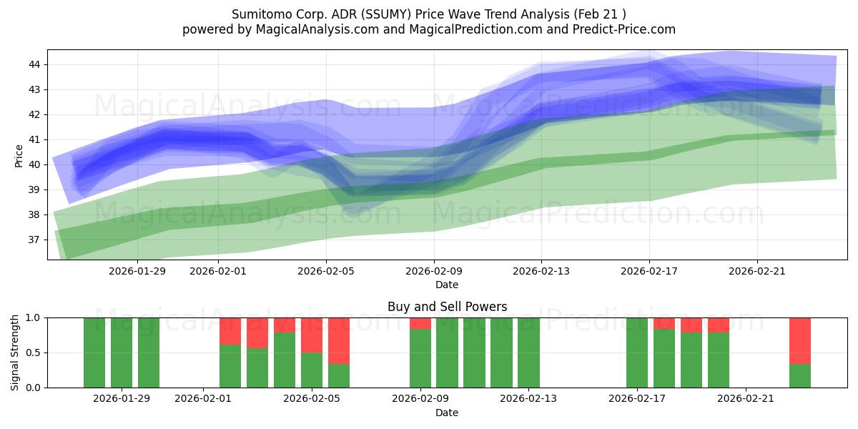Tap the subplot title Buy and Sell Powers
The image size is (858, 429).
pos(447,307)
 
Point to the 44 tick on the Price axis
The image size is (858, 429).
pos(34,64)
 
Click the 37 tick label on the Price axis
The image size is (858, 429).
pos(34,240)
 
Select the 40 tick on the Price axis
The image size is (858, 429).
pos(34,164)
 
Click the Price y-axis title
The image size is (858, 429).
pos(19,155)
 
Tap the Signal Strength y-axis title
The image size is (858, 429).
pos(15,352)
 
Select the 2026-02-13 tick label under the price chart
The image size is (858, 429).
pos(541,271)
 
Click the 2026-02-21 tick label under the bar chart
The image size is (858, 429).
pos(746,399)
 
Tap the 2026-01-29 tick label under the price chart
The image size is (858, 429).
pos(137,271)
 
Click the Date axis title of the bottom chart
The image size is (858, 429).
pos(447,413)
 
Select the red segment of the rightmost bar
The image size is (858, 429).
pos(800,340)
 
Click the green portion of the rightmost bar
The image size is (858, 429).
pos(800,376)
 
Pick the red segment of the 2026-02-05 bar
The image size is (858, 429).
pos(312,335)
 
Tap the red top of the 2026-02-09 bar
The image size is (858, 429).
pos(420,323)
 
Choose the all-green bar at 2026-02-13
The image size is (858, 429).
pos(528,352)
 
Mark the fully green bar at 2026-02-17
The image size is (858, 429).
pos(637,352)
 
